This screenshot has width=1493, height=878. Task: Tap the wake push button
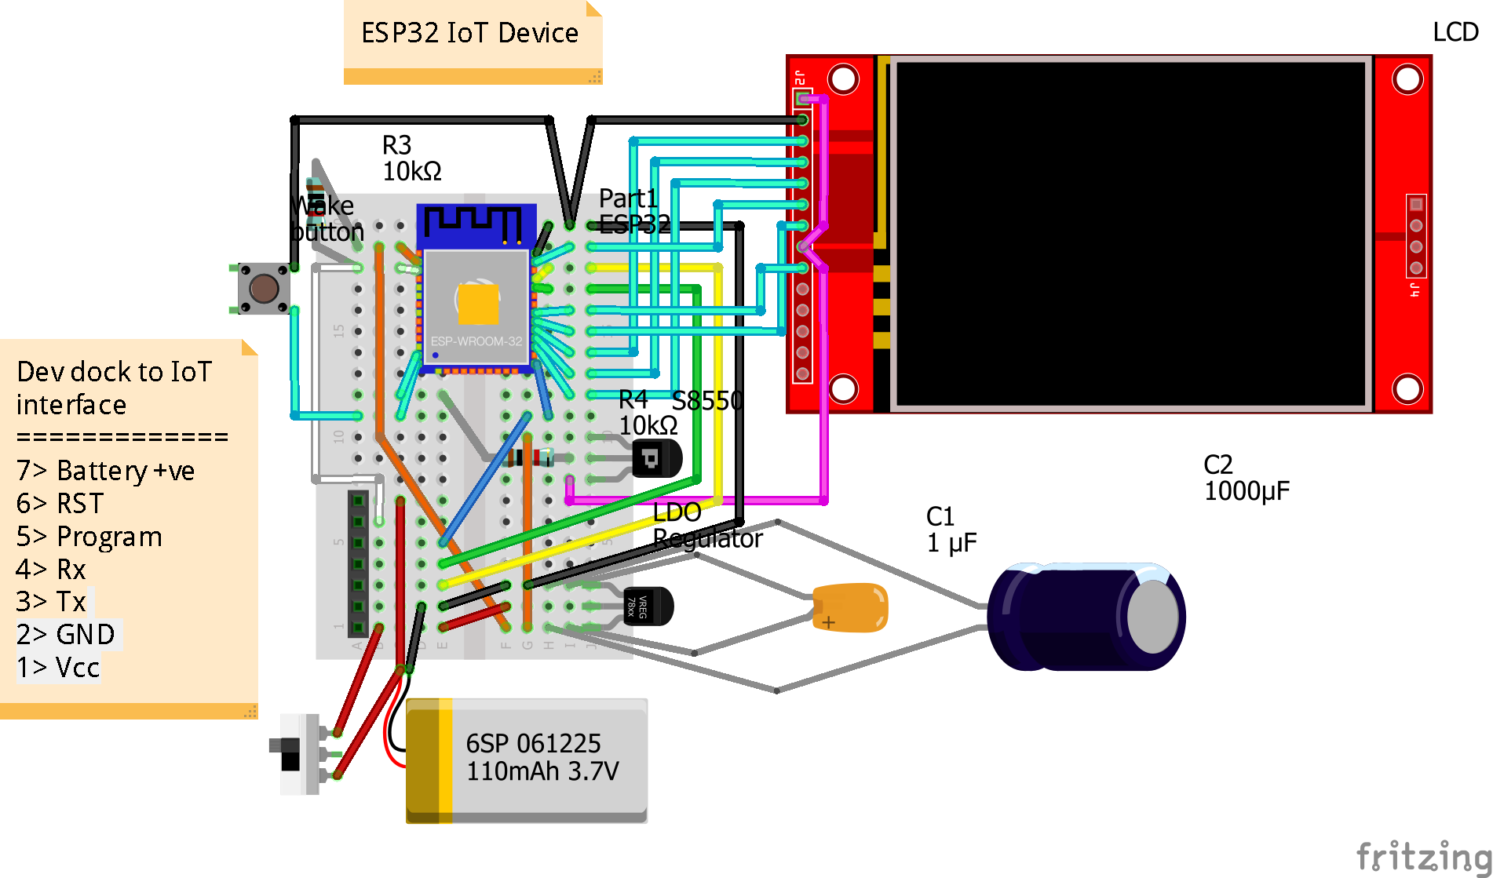click(x=263, y=289)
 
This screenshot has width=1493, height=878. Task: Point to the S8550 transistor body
click(x=658, y=458)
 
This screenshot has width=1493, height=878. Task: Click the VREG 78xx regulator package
click(x=648, y=607)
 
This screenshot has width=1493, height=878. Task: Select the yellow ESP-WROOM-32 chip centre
click(x=477, y=304)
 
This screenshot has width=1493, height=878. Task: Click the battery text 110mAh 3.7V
click(x=542, y=771)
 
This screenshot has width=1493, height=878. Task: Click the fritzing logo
click(x=1422, y=855)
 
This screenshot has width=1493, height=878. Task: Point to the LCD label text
click(x=1455, y=32)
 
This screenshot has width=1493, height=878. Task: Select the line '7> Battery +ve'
click(x=105, y=471)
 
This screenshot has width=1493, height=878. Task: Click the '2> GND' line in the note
click(x=67, y=634)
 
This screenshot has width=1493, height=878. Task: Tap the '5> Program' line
click(x=89, y=537)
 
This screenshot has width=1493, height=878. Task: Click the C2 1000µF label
click(x=1246, y=478)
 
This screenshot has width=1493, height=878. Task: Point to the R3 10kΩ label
click(x=411, y=158)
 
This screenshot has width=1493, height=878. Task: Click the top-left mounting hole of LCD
click(x=844, y=79)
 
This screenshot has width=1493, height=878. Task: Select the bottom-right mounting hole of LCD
click(x=1407, y=388)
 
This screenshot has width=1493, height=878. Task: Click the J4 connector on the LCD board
click(x=1416, y=236)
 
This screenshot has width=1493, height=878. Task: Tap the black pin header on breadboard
click(x=358, y=563)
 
